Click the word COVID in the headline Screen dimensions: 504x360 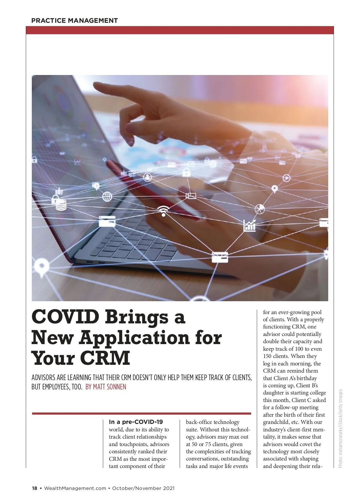(x=65, y=317)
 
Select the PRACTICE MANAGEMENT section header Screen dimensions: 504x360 (x=74, y=21)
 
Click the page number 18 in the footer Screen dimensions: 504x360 (x=34, y=488)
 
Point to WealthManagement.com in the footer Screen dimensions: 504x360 (x=75, y=488)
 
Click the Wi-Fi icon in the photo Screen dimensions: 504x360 (x=163, y=211)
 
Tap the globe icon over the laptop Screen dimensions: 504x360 (x=107, y=197)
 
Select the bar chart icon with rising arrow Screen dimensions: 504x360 (x=250, y=225)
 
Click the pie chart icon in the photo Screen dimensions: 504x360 (x=259, y=209)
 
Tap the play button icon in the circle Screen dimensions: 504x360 (x=287, y=178)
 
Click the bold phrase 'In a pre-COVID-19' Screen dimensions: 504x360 (x=136, y=422)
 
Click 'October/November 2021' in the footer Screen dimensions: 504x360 (x=143, y=488)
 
